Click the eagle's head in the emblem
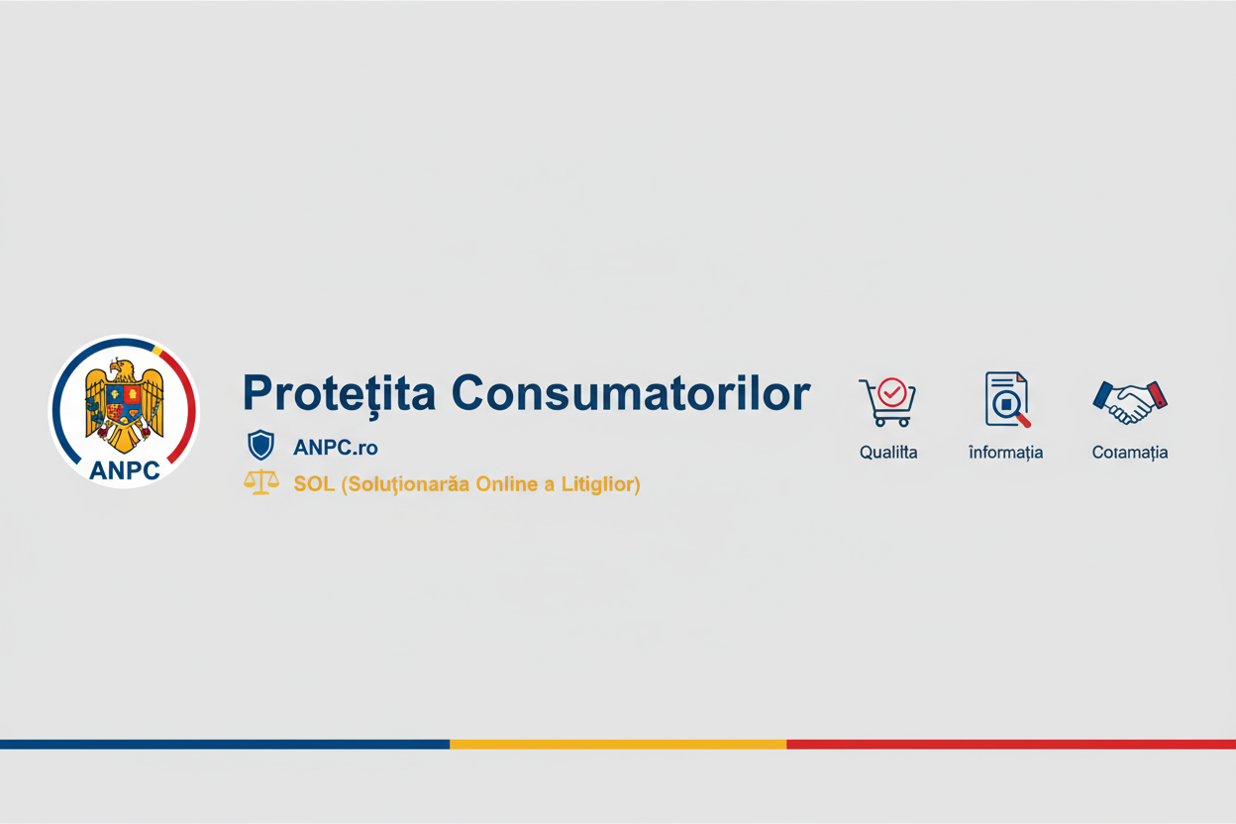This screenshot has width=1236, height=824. tap(122, 370)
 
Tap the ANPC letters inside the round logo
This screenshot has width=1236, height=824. tap(124, 470)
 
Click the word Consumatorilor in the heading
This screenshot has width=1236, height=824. tap(630, 393)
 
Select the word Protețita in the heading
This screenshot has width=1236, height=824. tap(339, 393)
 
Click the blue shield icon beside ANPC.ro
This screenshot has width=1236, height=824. tap(260, 446)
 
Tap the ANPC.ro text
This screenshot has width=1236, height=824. tap(336, 448)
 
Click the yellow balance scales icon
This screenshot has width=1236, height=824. tap(260, 483)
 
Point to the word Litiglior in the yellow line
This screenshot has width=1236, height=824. tap(599, 484)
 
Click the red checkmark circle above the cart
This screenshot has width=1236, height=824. tap(892, 392)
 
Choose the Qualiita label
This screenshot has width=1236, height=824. tap(888, 453)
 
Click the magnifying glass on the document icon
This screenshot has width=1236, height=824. tap(1009, 405)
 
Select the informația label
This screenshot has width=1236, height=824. tap(1005, 453)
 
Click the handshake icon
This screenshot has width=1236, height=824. tap(1130, 401)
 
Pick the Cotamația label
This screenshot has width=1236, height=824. tap(1130, 453)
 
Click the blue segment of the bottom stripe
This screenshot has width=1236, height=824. tap(225, 744)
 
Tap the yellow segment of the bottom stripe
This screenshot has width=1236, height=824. tap(618, 744)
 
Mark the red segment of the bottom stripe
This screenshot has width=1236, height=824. tap(1010, 744)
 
